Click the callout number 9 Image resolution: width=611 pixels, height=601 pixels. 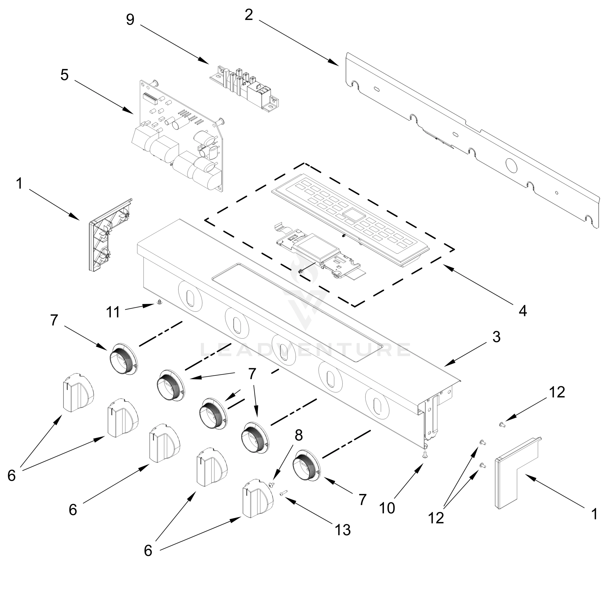(130, 20)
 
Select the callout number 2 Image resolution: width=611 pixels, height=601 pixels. (249, 15)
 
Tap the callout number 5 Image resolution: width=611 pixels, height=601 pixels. (64, 75)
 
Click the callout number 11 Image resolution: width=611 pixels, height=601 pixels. (113, 312)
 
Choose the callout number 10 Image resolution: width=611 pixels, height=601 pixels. (387, 508)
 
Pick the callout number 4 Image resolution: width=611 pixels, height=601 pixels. (523, 311)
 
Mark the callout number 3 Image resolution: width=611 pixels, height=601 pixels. (496, 337)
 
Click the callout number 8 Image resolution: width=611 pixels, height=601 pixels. (298, 435)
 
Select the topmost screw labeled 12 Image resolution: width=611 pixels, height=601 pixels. (502, 425)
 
